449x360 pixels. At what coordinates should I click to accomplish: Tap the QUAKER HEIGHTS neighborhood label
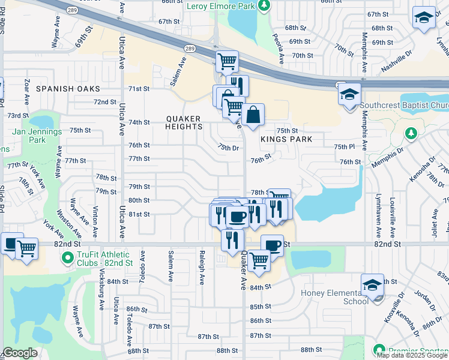coord(184,122)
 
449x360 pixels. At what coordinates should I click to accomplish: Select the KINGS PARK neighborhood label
coord(286,139)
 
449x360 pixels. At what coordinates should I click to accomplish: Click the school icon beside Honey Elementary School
coord(372,286)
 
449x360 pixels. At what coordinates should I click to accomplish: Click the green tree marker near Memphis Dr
coord(411,133)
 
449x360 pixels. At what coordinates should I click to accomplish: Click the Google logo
coord(20,353)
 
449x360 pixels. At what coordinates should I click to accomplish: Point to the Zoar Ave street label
coord(26,89)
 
